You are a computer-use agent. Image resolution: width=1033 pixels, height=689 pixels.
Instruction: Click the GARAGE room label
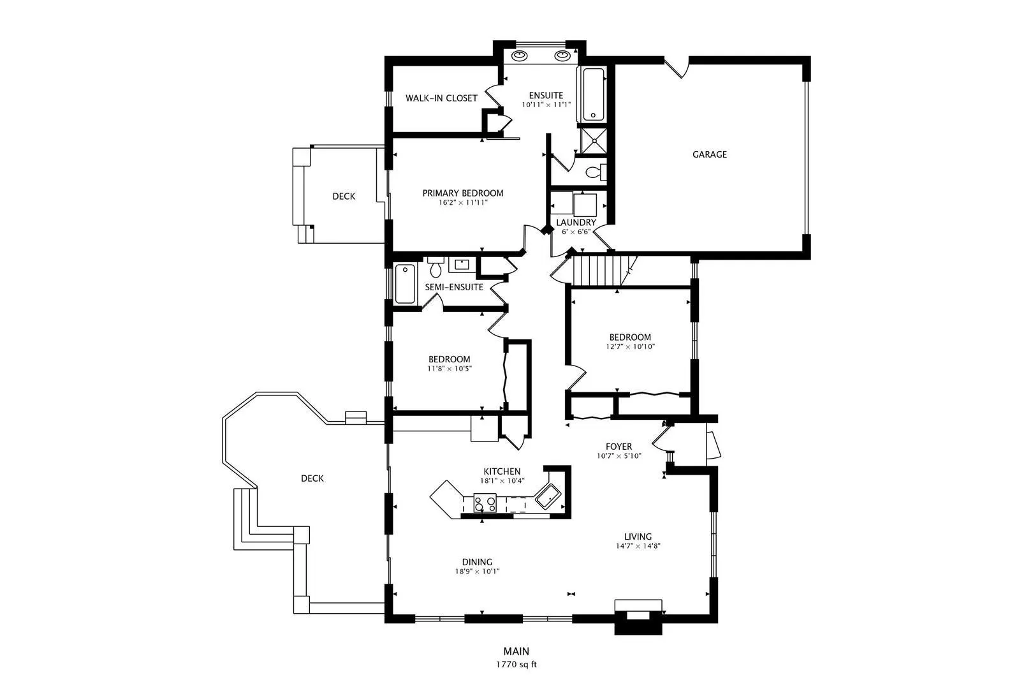pos(709,154)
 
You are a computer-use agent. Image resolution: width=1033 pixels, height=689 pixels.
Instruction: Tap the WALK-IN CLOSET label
pos(441,98)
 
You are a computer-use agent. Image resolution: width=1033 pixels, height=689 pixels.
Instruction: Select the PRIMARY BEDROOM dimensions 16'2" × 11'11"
pos(463,203)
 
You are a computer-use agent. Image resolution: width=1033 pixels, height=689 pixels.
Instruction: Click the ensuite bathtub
pos(593,94)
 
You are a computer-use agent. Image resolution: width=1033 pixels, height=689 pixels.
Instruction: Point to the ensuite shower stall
pos(594,141)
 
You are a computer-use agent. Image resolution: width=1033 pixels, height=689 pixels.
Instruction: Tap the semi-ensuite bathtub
pos(405,283)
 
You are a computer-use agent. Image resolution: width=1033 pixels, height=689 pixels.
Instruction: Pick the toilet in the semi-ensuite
pos(436,267)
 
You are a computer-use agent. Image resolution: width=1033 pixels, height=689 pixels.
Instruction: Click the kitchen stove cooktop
pos(485,503)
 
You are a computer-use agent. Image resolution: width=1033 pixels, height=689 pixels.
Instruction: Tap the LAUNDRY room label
pos(576,223)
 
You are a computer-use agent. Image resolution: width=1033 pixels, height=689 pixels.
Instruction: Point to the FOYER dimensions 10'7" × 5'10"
pos(619,456)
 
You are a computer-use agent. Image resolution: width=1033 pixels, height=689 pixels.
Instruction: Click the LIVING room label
pos(638,537)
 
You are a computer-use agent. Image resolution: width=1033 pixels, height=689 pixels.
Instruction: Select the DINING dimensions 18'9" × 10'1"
pos(478,572)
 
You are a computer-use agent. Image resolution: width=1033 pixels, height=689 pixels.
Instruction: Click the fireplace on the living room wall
pos(639,616)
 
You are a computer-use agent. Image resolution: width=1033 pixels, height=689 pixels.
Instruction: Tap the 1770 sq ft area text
pos(516,665)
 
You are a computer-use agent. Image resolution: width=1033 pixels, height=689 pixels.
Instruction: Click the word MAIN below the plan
pos(516,651)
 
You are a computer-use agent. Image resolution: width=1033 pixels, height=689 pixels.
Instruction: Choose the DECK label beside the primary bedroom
pos(344,196)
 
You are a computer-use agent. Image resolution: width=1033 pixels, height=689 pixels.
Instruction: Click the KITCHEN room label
pos(502,471)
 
